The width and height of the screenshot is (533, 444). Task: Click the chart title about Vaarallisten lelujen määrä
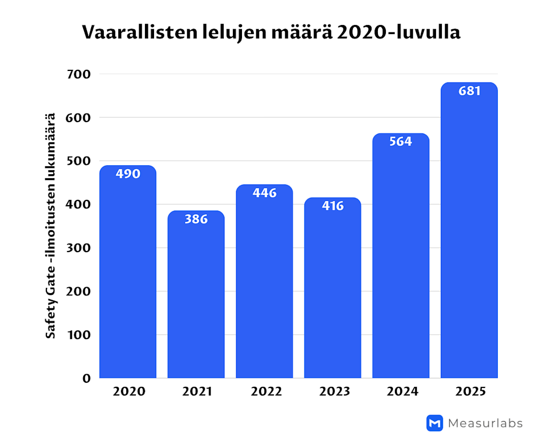coord(271,33)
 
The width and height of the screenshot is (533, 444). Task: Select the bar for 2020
coord(128,277)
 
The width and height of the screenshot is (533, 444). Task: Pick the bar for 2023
coord(333,293)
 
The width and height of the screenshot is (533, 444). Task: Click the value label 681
coord(469,91)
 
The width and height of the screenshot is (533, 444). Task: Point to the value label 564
coord(401,142)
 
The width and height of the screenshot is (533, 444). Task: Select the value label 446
coord(264,193)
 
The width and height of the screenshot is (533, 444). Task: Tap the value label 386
coord(196,219)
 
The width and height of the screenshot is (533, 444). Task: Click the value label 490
coord(128,174)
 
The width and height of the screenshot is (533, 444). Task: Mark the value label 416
coord(333,206)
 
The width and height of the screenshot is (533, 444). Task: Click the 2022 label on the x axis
coord(266,392)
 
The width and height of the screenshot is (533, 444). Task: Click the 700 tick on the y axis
coord(79,74)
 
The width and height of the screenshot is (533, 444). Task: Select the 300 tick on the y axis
coord(79,248)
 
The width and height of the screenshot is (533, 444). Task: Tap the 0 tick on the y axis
coord(87,378)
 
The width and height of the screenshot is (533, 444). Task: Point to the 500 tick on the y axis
coord(79,161)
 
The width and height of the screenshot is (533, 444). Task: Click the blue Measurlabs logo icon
coord(435,423)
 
